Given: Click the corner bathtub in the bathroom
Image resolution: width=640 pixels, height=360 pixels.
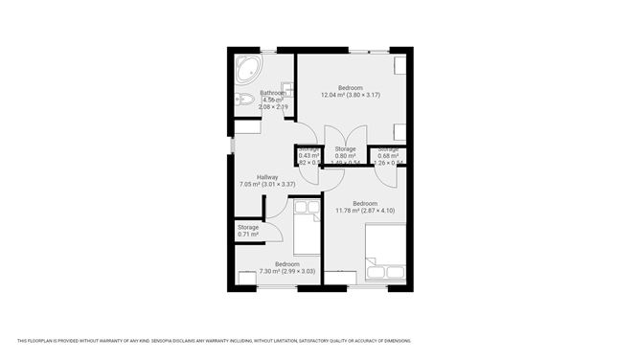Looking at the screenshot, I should tap(249, 70).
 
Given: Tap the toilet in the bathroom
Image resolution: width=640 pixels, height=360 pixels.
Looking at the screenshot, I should tap(244, 99).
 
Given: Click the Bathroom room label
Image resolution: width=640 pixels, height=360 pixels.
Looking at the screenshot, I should tap(260, 93).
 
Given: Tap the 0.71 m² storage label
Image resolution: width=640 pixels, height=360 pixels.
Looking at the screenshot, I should tap(248, 234).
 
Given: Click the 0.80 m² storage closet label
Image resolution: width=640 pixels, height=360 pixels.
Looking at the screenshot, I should tap(345, 155).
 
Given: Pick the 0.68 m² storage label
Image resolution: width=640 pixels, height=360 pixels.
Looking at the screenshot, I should tap(387, 156).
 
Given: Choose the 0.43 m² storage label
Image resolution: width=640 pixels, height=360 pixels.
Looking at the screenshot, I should tap(309, 156).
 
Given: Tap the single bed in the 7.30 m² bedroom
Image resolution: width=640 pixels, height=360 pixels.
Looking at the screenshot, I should tap(307, 229).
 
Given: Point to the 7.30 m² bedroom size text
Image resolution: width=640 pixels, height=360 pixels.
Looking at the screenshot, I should tap(287, 272).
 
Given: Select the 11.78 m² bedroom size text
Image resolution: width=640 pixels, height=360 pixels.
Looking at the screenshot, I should tap(364, 211).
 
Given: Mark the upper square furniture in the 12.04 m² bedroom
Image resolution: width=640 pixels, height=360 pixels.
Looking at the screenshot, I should tap(400, 65).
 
